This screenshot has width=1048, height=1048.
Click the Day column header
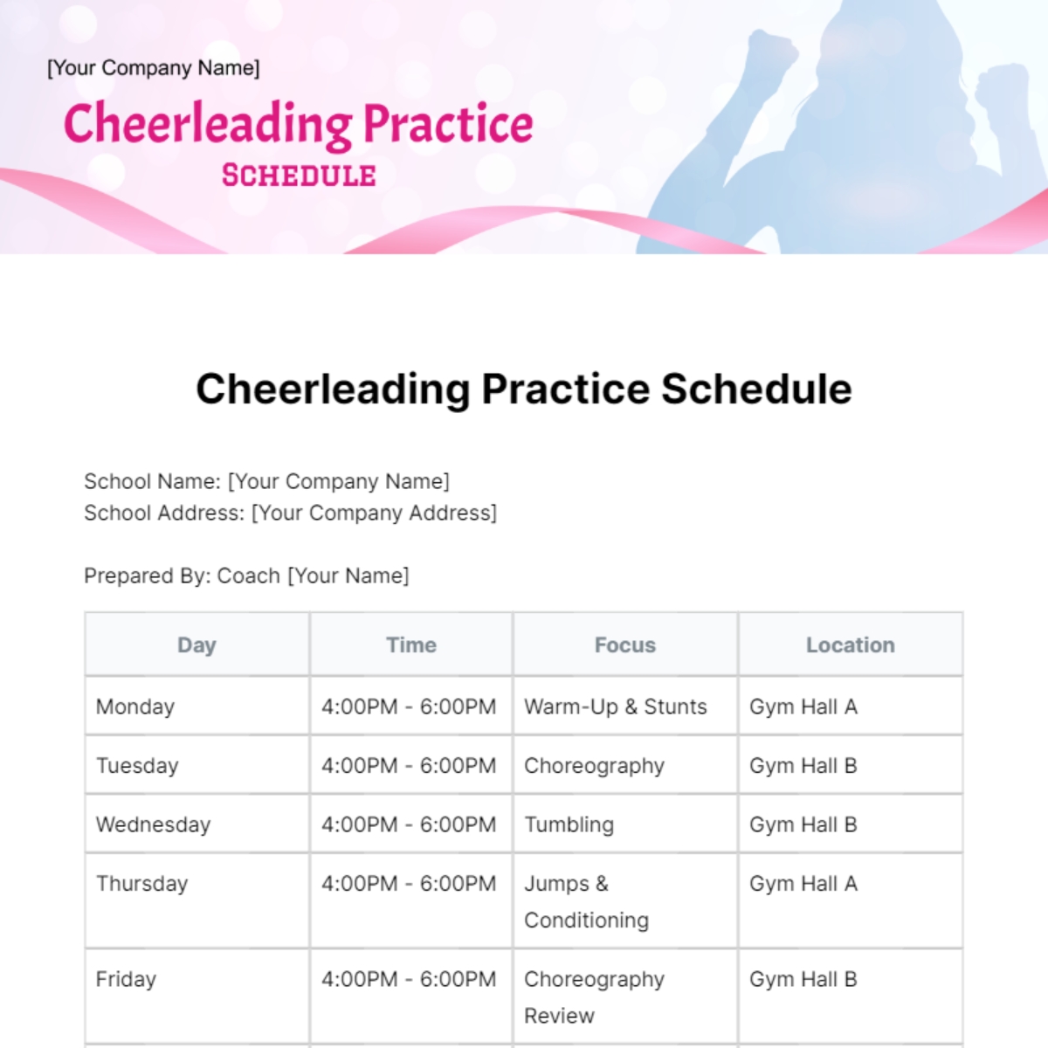tap(196, 645)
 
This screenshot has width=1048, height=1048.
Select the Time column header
tap(411, 645)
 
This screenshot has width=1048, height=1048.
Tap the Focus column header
tap(625, 645)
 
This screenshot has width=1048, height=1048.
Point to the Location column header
tap(850, 645)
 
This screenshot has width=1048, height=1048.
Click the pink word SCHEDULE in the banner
tap(299, 176)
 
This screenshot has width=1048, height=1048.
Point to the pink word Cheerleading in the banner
tap(209, 125)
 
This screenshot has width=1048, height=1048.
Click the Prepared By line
tap(246, 576)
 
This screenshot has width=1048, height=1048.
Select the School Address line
tap(291, 513)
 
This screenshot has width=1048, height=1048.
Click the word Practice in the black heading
tap(566, 389)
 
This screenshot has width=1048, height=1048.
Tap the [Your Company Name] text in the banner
tap(154, 68)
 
